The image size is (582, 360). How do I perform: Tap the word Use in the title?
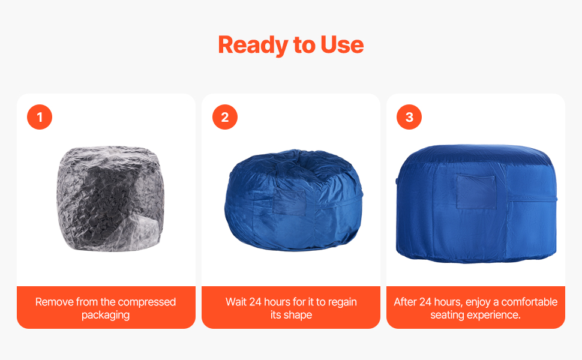[x=342, y=44]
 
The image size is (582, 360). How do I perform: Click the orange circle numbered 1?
[x=40, y=117]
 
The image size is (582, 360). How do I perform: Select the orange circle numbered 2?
[x=225, y=117]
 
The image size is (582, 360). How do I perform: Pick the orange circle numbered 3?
[x=409, y=117]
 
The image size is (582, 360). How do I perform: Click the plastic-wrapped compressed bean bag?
[x=110, y=199]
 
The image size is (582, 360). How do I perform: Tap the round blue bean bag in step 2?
[x=293, y=200]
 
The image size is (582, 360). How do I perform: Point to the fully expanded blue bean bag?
[x=476, y=203]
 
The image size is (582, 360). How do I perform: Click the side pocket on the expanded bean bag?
[x=476, y=192]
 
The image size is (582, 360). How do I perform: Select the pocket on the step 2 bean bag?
[x=289, y=203]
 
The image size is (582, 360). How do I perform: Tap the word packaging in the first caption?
[x=106, y=316]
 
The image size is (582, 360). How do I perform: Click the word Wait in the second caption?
[x=236, y=302]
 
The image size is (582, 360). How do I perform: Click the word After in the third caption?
[x=406, y=302]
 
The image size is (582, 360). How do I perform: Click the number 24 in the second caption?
[x=256, y=302]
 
